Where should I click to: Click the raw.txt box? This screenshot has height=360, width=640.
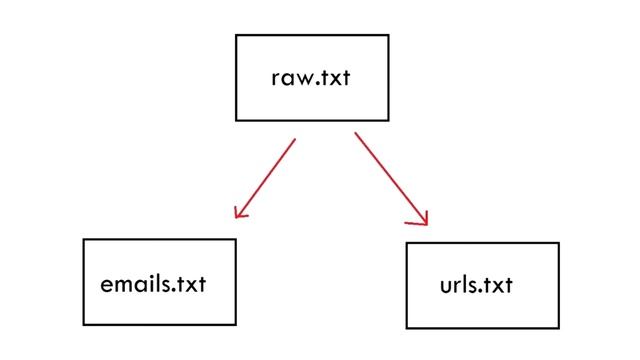coord(311,78)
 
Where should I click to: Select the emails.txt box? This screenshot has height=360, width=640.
coord(159,282)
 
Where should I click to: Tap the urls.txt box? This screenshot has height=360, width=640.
coord(482,285)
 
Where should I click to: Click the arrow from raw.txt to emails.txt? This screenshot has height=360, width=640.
coord(266,176)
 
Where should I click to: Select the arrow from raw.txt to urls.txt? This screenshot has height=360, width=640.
coord(390,177)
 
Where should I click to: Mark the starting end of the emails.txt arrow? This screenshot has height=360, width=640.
coord(295,139)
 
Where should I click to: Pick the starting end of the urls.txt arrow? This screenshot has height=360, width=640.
coord(355,132)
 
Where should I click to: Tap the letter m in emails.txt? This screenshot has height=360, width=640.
coord(125,285)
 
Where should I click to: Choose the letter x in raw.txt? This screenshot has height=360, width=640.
coord(334,79)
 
